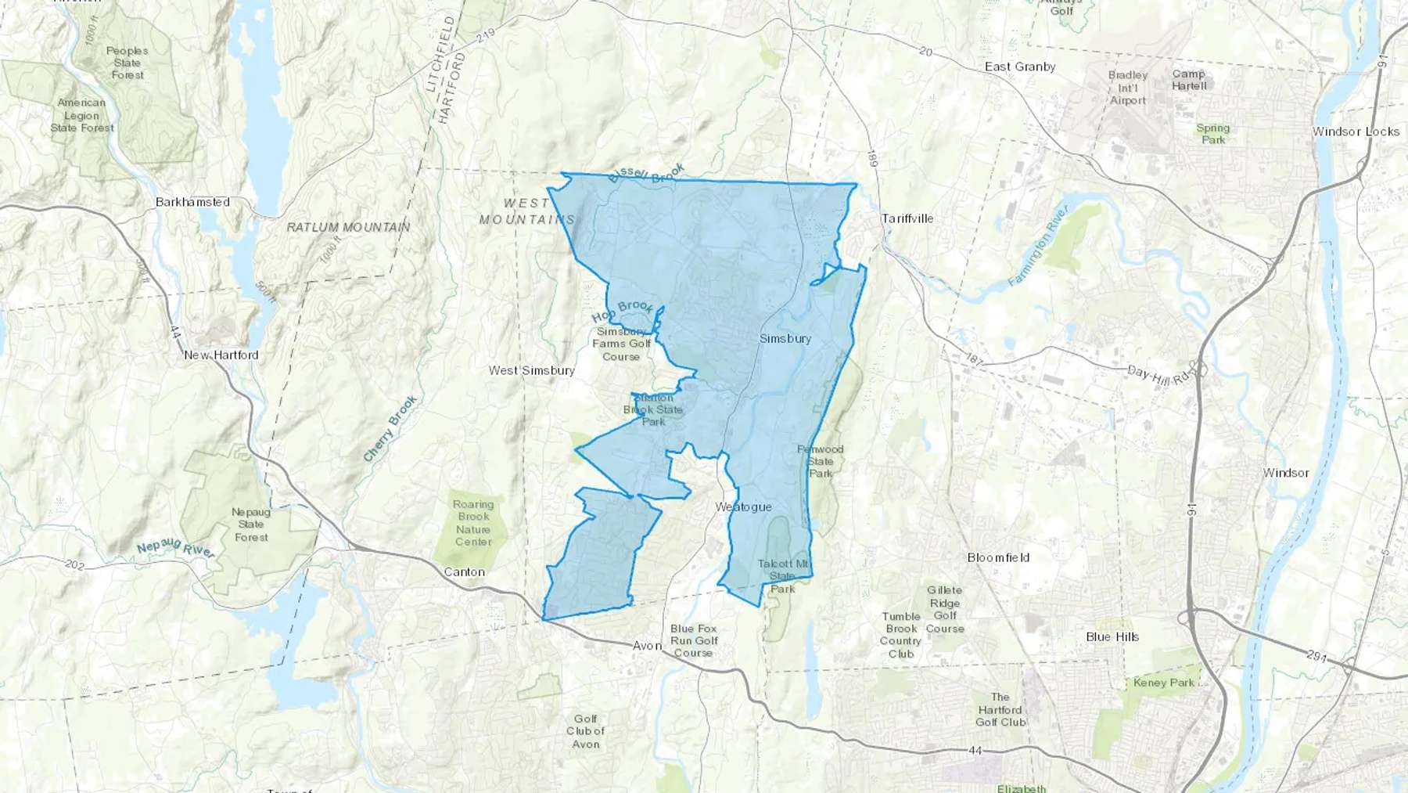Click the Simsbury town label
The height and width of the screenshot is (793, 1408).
pyautogui.click(x=785, y=338)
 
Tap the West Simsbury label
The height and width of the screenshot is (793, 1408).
pyautogui.click(x=532, y=370)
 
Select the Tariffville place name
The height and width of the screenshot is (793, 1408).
pyautogui.click(x=907, y=218)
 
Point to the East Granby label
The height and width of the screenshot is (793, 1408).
pyautogui.click(x=1020, y=67)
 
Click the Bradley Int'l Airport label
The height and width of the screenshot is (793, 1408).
pyautogui.click(x=1127, y=88)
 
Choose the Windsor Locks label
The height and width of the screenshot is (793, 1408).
pyautogui.click(x=1356, y=132)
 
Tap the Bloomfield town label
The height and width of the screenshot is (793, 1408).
pyautogui.click(x=998, y=557)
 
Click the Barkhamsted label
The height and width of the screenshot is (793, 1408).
pyautogui.click(x=192, y=202)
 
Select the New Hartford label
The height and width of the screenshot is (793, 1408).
pyautogui.click(x=221, y=355)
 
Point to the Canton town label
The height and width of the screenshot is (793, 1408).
pyautogui.click(x=464, y=572)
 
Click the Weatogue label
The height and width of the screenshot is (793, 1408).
pyautogui.click(x=743, y=506)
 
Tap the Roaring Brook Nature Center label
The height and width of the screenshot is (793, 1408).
pyautogui.click(x=473, y=523)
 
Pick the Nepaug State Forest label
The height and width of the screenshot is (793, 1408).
pyautogui.click(x=251, y=524)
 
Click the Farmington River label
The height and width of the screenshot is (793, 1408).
pyautogui.click(x=1038, y=244)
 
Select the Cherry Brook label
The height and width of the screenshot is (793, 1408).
pyautogui.click(x=390, y=429)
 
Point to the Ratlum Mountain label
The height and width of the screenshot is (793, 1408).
pyautogui.click(x=348, y=227)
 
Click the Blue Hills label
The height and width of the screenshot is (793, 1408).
pyautogui.click(x=1112, y=636)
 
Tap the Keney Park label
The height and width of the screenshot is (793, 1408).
pyautogui.click(x=1163, y=683)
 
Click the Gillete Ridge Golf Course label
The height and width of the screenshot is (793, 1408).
pyautogui.click(x=945, y=609)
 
